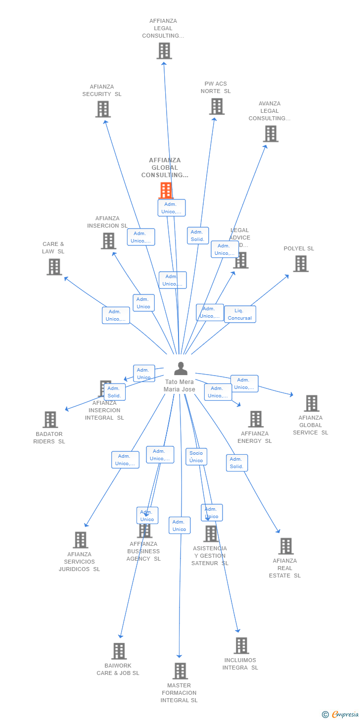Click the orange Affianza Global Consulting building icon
point(166,190)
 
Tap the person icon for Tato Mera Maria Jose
point(181,369)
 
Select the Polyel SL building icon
point(301,264)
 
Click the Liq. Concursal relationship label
point(240,314)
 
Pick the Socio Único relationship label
point(196,457)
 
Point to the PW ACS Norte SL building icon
point(217,106)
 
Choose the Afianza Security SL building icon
point(103,109)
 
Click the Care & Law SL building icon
point(54,267)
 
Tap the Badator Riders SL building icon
point(50,420)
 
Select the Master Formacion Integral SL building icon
point(180,671)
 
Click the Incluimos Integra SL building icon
point(241,646)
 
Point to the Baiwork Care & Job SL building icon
point(119,651)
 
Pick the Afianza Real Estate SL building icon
point(286,546)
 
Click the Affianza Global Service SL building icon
point(312,403)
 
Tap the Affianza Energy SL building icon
point(256,419)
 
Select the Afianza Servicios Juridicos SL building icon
point(80,540)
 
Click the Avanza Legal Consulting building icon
point(270,134)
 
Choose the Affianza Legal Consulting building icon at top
point(164,51)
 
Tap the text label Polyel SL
point(299,248)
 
